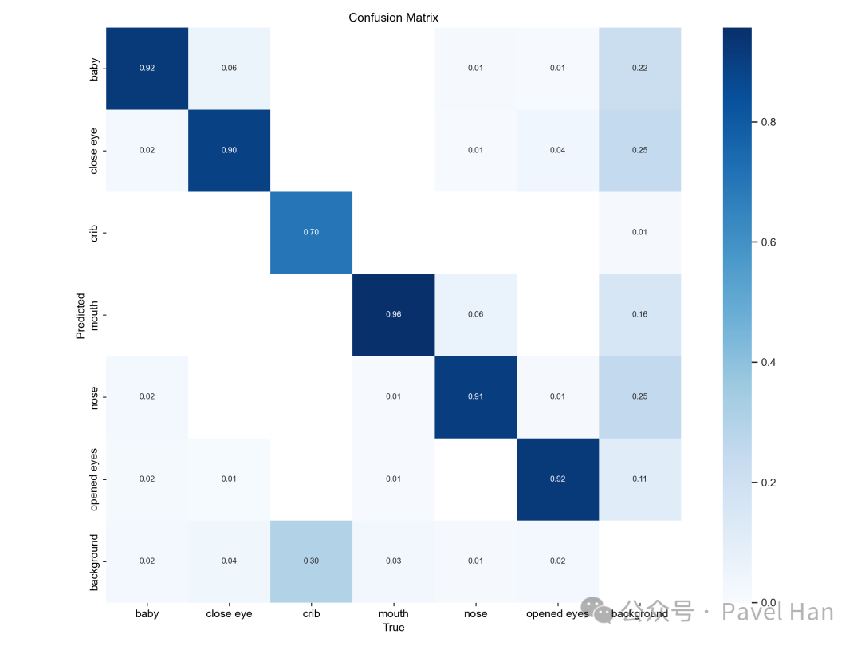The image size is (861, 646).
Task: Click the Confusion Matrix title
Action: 393,18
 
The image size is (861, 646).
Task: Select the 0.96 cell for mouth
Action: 393,314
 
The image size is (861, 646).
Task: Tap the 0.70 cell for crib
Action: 311,232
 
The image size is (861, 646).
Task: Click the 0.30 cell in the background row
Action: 311,561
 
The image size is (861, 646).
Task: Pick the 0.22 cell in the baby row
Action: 640,68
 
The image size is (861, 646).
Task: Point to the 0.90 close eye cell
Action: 229,150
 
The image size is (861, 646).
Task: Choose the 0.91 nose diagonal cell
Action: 476,396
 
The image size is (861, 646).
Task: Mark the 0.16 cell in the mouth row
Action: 640,314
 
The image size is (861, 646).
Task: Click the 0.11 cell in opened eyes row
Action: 640,479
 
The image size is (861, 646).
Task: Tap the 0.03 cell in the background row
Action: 393,561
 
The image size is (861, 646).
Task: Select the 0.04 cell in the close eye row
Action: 558,150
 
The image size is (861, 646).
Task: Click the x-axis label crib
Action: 311,613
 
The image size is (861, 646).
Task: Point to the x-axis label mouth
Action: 393,613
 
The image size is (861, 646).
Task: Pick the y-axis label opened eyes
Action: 94,479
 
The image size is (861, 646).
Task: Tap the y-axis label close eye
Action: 94,150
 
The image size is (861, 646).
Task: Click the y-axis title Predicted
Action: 81,314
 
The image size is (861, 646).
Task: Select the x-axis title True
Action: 393,628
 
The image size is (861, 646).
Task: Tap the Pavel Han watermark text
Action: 777,613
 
